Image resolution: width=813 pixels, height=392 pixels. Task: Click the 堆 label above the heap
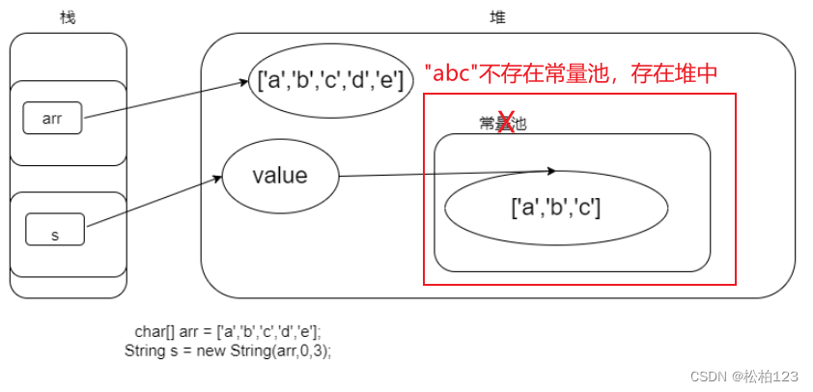(x=498, y=17)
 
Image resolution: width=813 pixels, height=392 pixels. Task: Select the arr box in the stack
(x=52, y=119)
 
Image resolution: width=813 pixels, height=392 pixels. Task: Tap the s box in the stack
(x=54, y=234)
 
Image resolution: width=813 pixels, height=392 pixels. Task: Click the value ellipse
(x=280, y=177)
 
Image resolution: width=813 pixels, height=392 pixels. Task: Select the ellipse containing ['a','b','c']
(x=556, y=207)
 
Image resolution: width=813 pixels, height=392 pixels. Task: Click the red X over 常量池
(x=504, y=123)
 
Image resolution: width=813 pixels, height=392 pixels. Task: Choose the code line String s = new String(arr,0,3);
(x=228, y=350)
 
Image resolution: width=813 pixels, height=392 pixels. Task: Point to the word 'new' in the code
(x=209, y=350)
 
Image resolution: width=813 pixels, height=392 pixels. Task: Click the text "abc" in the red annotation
(x=452, y=73)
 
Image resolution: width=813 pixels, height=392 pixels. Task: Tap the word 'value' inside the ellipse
(x=280, y=177)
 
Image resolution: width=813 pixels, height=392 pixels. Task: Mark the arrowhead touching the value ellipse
(x=218, y=178)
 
